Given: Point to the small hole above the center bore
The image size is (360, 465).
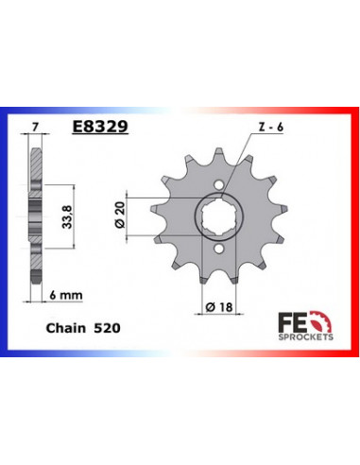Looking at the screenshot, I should point(218,184).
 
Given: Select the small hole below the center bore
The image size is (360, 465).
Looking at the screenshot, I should point(218,250).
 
